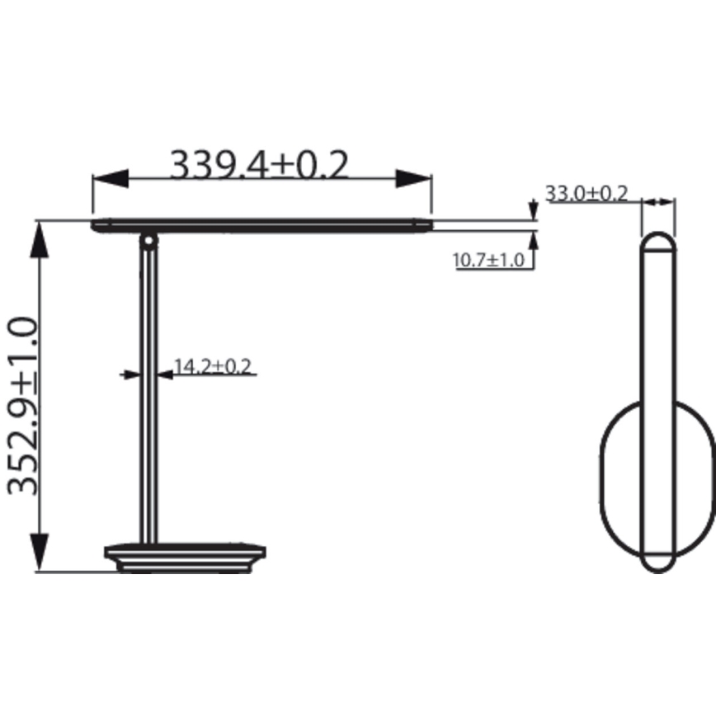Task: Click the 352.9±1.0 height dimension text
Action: point(22,405)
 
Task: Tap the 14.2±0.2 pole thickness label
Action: point(213,365)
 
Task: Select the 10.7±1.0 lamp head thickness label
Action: point(488,261)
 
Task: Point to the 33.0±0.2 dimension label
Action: point(586,194)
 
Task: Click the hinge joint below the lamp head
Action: point(148,241)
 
